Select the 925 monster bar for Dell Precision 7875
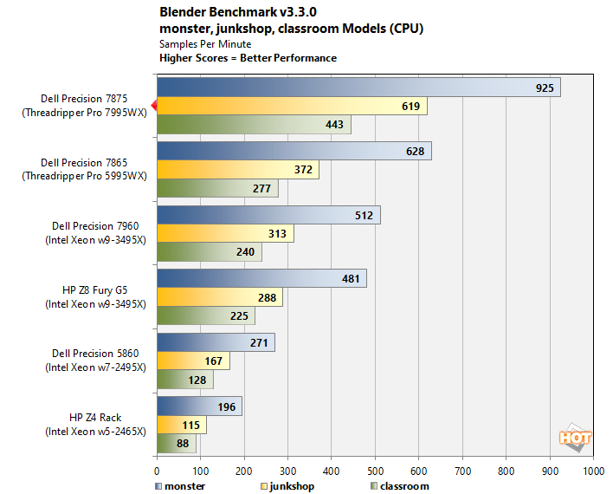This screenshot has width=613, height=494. coord(358,88)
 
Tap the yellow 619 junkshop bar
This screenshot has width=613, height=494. coord(292,107)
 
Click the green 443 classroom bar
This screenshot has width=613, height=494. coord(254,125)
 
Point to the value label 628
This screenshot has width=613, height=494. coord(415,151)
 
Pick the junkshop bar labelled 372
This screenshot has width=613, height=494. coord(237,170)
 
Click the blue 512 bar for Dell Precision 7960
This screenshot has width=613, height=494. coord(268,215)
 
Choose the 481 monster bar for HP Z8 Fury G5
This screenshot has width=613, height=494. coord(261,279)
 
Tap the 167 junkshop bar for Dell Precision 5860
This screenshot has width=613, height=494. coord(193,361)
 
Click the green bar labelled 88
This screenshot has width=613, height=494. coord(176,444)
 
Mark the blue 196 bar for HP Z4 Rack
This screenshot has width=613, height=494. coord(199,406)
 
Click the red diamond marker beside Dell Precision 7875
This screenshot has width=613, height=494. coord(154,106)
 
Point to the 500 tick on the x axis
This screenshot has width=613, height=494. coord(375,471)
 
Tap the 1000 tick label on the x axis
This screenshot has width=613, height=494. coord(593,471)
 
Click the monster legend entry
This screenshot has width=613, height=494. coord(181,486)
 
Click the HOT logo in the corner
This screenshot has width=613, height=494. coord(575,439)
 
